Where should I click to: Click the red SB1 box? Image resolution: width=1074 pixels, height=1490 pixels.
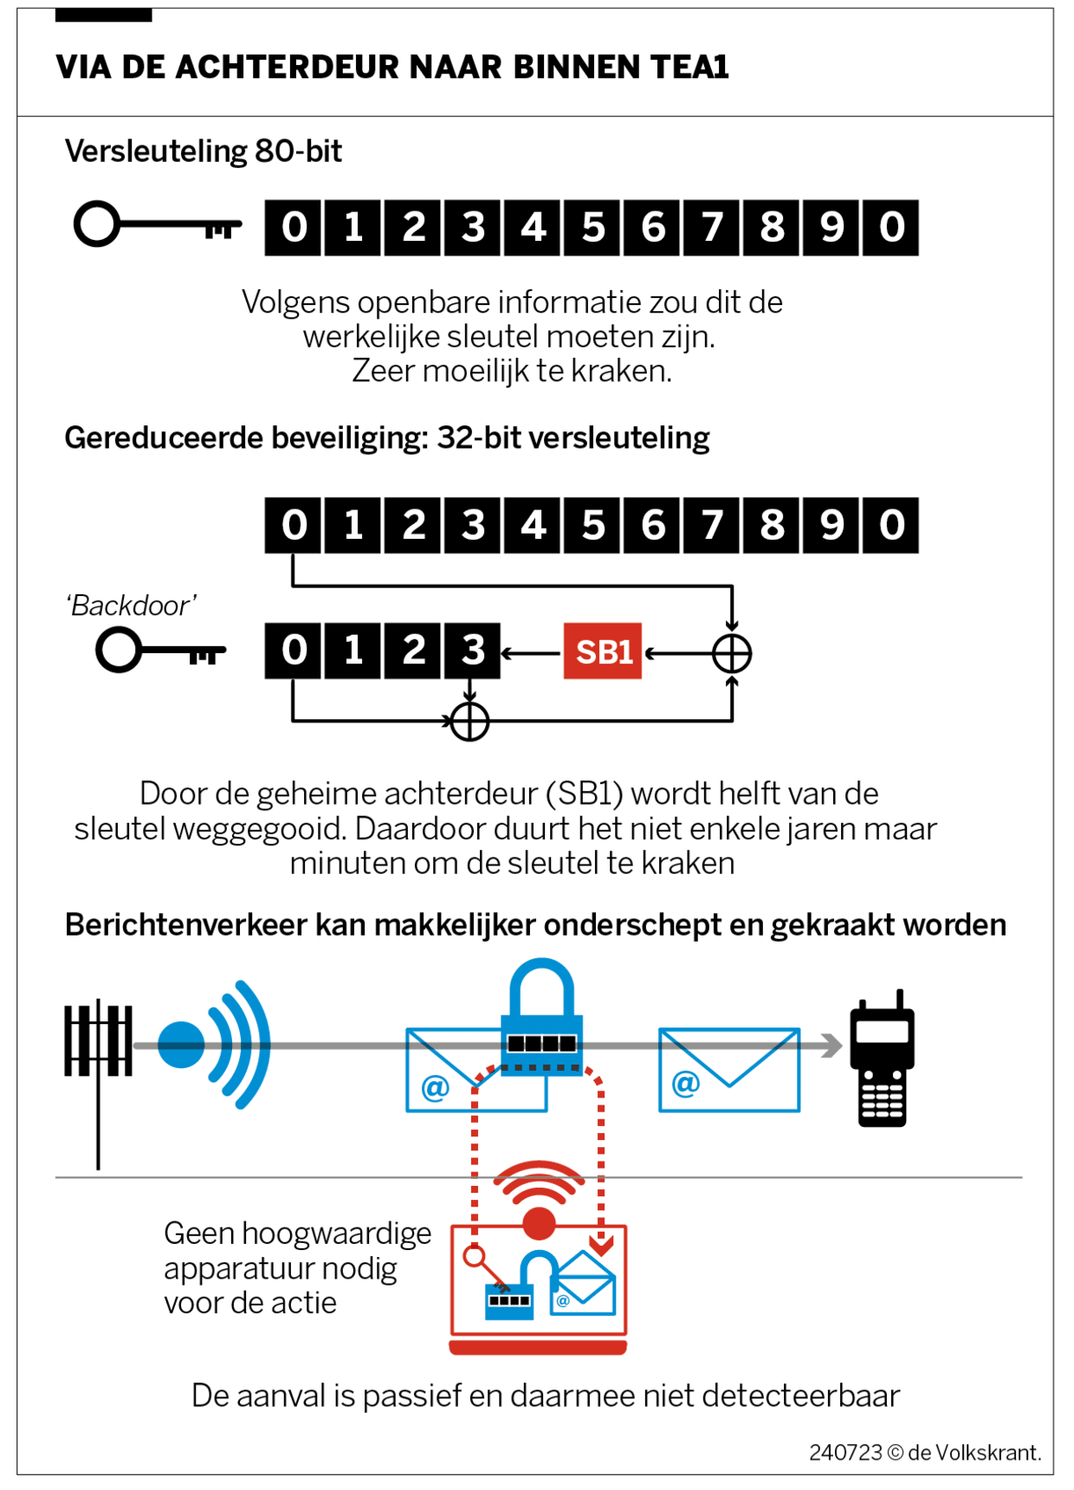(x=603, y=651)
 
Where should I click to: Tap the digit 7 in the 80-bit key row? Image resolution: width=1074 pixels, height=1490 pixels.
(x=712, y=228)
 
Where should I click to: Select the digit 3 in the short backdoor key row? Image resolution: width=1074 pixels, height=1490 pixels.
(x=472, y=651)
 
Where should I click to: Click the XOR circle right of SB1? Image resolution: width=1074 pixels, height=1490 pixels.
(x=732, y=653)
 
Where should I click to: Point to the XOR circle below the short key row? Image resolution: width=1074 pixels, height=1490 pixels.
(x=470, y=722)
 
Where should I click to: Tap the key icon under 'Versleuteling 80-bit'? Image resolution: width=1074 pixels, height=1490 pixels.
(x=157, y=224)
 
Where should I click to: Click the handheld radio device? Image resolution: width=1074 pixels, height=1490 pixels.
(x=883, y=1059)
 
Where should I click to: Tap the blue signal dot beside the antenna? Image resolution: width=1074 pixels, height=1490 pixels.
(x=182, y=1045)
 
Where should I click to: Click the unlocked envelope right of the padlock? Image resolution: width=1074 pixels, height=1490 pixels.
(x=729, y=1070)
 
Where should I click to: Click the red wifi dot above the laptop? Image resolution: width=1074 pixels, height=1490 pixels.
(x=539, y=1223)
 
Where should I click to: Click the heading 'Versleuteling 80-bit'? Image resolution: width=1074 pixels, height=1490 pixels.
(x=204, y=152)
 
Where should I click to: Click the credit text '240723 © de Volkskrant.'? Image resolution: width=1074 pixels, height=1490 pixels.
(x=925, y=1453)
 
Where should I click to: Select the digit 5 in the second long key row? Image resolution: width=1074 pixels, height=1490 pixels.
(x=592, y=526)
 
